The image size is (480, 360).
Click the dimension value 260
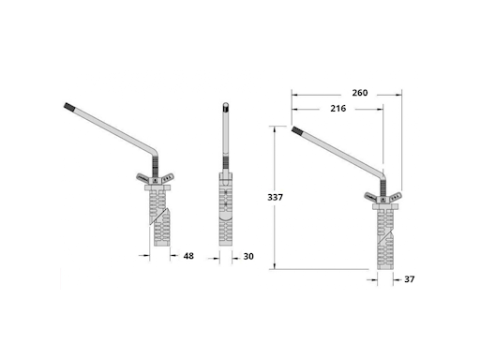(x=360, y=93)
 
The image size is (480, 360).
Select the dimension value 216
(x=338, y=109)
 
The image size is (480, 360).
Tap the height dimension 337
(x=275, y=197)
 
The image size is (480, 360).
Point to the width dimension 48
(x=188, y=256)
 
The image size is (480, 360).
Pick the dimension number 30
(x=248, y=256)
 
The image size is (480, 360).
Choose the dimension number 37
(x=410, y=279)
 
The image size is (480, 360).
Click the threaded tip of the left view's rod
(x=68, y=107)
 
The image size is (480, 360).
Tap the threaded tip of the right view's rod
(x=296, y=130)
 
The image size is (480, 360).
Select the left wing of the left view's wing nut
(x=142, y=177)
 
